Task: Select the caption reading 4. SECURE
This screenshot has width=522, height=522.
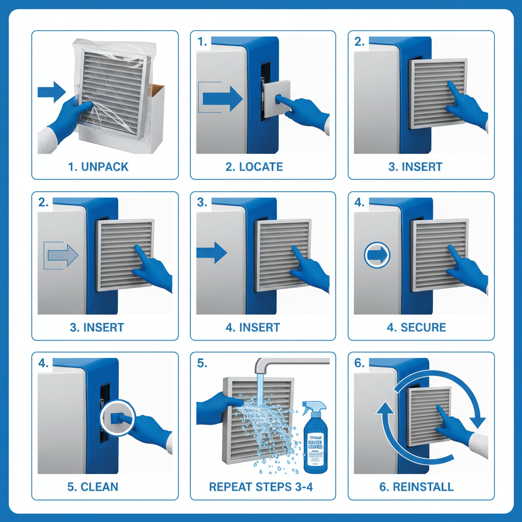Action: [416, 327]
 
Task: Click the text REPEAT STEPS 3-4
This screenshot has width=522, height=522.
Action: [261, 487]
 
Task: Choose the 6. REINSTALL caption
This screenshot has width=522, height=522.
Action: [416, 487]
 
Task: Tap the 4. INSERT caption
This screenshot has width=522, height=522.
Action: [253, 327]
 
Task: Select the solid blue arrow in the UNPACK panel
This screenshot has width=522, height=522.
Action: [51, 92]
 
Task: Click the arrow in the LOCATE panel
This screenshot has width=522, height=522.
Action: [222, 98]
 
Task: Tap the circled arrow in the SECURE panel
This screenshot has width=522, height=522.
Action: [377, 253]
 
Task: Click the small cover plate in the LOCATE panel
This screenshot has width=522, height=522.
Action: [276, 98]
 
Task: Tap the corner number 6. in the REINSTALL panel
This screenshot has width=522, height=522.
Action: [360, 363]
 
